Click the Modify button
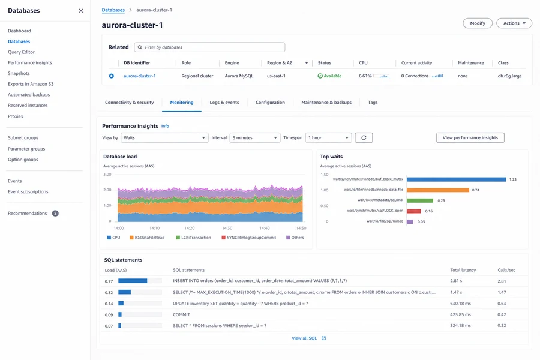pos(478,23)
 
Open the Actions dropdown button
pos(514,23)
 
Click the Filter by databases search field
pos(210,47)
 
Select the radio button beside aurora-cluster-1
pos(111,76)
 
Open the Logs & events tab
pos(224,103)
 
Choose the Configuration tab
pos(270,103)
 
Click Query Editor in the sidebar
pos(22,52)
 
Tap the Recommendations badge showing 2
pos(55,213)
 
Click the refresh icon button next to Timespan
pos(364,138)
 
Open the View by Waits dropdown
pos(164,138)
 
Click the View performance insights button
pos(470,138)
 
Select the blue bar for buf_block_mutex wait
pos(457,179)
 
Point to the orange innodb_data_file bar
pos(438,190)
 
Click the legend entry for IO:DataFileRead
pos(147,238)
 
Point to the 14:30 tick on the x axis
pos(227,228)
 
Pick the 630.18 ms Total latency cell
pos(460,304)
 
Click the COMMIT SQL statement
pos(181,314)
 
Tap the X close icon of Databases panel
pos(81,11)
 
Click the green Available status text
pos(332,76)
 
